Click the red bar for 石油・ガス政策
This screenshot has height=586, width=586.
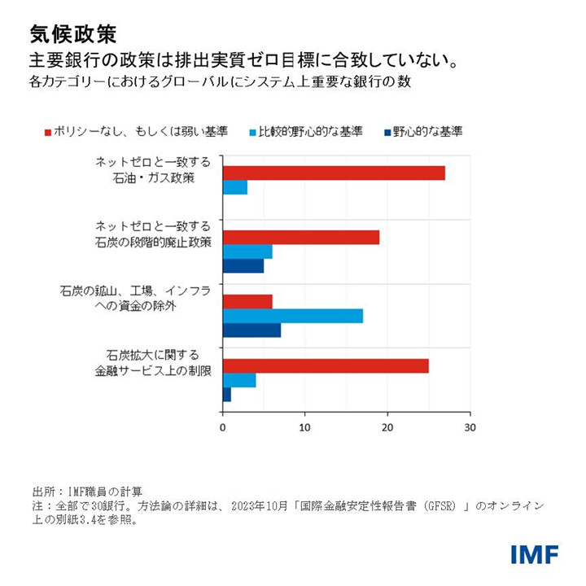pos(334,173)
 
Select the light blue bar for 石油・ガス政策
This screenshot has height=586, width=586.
pos(234,188)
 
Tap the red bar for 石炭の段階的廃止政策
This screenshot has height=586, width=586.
pos(301,237)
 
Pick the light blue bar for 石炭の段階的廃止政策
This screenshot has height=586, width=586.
pos(247,251)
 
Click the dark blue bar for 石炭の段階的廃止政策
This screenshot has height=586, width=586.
pos(243,266)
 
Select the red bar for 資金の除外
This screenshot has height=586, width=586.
pos(247,301)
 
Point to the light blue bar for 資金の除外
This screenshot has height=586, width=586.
pos(293,316)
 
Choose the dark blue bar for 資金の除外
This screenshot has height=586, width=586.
pos(251,330)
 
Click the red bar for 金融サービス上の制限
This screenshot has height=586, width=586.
pos(326,365)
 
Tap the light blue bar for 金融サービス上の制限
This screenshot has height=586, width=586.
pos(239,380)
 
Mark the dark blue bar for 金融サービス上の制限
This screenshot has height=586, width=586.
pos(227,395)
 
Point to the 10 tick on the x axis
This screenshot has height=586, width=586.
pos(304,426)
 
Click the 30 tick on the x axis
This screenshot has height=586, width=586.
pos(469,426)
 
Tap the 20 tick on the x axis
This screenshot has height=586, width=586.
pos(387,426)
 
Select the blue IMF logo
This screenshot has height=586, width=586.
pos(534,555)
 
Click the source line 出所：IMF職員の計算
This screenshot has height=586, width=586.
pos(88,492)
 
